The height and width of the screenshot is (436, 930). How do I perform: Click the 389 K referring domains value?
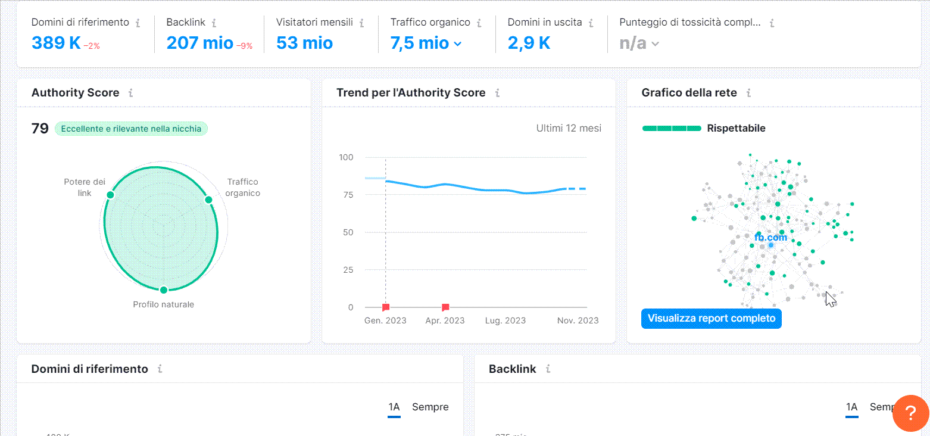click(56, 43)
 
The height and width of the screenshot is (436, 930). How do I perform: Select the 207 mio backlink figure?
click(199, 43)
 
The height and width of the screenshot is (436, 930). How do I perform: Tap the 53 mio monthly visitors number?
click(304, 43)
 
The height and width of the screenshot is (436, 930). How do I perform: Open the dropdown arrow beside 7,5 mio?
click(457, 43)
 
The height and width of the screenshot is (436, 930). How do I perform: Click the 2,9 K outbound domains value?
click(529, 43)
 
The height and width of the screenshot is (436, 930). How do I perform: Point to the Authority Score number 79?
click(40, 129)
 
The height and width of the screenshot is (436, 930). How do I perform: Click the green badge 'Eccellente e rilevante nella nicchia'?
click(131, 129)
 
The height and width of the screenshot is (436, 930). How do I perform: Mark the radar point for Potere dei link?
click(110, 195)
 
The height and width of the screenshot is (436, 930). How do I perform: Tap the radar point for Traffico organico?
click(209, 200)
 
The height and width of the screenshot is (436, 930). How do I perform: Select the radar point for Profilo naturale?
click(164, 290)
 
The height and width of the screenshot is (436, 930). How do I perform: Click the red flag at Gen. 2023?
click(386, 307)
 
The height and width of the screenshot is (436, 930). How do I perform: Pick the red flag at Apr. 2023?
click(445, 307)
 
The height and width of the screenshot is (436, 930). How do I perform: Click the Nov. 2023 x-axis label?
click(578, 320)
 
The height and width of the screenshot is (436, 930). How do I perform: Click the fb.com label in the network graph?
click(770, 237)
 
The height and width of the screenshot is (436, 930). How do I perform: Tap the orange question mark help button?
click(910, 413)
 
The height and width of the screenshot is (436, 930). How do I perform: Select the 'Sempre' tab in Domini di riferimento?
click(430, 407)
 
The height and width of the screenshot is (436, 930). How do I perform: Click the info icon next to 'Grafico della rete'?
click(748, 93)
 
